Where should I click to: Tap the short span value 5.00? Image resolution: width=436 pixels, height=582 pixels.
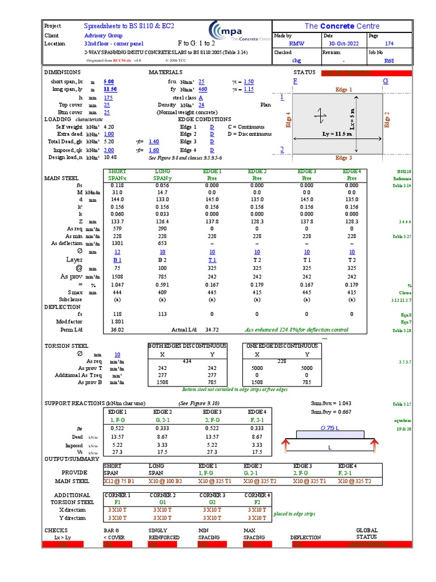point(108,82)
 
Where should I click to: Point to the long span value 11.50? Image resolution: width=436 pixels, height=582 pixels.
point(110,89)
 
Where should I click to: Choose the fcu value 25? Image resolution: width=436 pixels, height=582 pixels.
point(202,82)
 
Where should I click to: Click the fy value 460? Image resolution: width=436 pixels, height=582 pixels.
point(203,89)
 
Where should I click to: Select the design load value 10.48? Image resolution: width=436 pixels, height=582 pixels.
point(110,157)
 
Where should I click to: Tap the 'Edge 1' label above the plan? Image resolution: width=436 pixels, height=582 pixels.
point(343,90)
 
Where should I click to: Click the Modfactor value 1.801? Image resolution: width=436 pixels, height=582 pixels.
point(118,321)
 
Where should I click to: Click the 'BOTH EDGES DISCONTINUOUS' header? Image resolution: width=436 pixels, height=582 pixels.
point(187,346)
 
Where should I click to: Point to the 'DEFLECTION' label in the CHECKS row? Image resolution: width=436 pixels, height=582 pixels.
point(305,537)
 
